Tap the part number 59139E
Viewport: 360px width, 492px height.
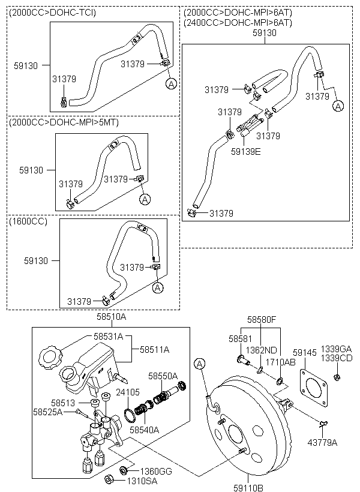pyautogui.click(x=246, y=152)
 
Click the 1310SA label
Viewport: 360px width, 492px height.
pyautogui.click(x=140, y=481)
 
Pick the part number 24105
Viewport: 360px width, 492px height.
pyautogui.click(x=128, y=392)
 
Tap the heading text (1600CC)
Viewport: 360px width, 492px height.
pyautogui.click(x=28, y=221)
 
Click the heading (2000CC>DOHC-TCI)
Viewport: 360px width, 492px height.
pyautogui.click(x=53, y=12)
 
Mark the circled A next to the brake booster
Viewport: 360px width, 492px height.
pyautogui.click(x=200, y=363)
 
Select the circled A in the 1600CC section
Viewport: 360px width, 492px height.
pyautogui.click(x=158, y=288)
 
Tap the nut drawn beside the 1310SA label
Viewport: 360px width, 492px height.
pyautogui.click(x=110, y=479)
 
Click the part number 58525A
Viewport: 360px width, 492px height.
pyautogui.click(x=49, y=412)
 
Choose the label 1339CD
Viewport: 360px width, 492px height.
pyautogui.click(x=337, y=358)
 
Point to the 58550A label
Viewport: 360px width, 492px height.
pyautogui.click(x=163, y=376)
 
